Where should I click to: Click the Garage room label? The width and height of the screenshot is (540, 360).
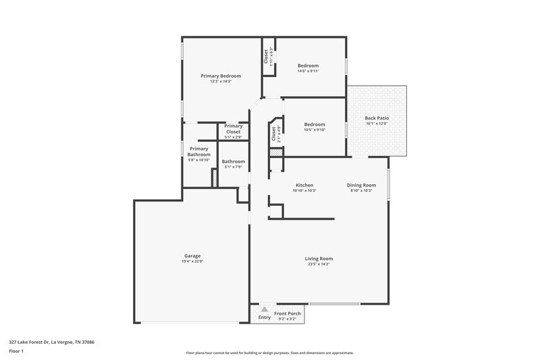coord(192,255)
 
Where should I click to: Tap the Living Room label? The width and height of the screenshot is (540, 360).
coord(319,259)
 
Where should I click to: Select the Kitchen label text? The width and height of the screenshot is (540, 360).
coord(304,185)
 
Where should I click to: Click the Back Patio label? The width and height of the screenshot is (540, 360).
coord(377,118)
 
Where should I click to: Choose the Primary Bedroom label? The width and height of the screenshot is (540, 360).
coord(221,76)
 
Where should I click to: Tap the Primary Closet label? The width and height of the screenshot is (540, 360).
coord(233,128)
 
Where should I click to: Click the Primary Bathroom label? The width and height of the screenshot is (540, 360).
coord(199,151)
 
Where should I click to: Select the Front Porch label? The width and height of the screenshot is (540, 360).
coord(287,313)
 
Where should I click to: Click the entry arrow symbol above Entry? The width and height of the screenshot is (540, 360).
coord(265,309)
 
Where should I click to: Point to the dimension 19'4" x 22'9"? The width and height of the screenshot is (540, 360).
coord(192,261)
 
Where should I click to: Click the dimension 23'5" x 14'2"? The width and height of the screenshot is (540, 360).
coord(319,264)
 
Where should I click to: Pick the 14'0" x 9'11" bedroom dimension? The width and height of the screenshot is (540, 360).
coord(308,71)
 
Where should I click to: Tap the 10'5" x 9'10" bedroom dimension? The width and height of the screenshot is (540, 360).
coord(314,130)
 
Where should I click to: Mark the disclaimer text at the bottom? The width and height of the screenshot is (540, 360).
coord(270,353)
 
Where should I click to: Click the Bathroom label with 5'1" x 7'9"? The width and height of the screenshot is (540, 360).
coord(234,161)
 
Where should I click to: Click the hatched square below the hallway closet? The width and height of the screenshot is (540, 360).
coord(275,153)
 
